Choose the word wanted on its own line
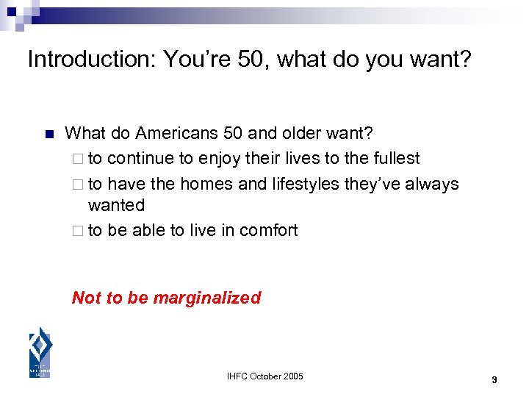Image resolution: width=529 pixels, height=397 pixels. pos(116,205)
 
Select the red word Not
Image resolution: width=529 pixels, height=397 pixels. pos(87,298)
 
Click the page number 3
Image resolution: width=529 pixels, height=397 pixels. pos(494,380)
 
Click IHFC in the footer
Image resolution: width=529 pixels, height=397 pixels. pos(239,376)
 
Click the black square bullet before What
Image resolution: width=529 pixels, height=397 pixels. pos(49,135)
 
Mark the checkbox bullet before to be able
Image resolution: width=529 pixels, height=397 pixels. pos(79,231)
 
